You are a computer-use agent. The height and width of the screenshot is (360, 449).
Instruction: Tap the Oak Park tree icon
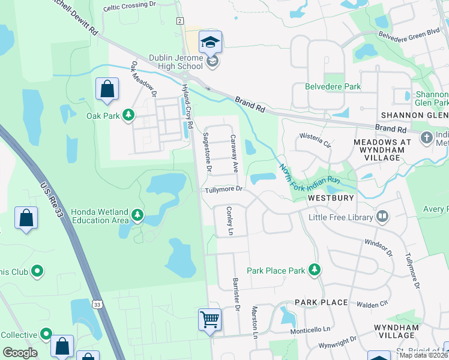click(128, 115)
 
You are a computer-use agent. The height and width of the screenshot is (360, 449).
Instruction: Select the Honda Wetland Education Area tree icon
click(138, 215)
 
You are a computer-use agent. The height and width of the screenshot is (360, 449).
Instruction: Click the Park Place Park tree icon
click(313, 271)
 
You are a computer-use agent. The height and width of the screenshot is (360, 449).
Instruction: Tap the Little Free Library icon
click(382, 217)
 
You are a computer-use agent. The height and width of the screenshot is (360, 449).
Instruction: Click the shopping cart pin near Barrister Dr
click(210, 320)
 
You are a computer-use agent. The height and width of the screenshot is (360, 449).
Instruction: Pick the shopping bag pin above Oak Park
click(107, 89)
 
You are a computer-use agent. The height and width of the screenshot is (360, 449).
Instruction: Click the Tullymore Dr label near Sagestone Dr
click(223, 189)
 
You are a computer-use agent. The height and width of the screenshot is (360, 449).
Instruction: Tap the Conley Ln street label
click(229, 220)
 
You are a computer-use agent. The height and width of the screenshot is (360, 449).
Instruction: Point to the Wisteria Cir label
click(315, 144)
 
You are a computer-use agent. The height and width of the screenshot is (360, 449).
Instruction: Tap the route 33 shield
click(97, 305)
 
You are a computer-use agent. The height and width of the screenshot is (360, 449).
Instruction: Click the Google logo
click(20, 353)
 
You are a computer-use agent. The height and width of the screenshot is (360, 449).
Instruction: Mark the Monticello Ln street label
click(310, 329)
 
